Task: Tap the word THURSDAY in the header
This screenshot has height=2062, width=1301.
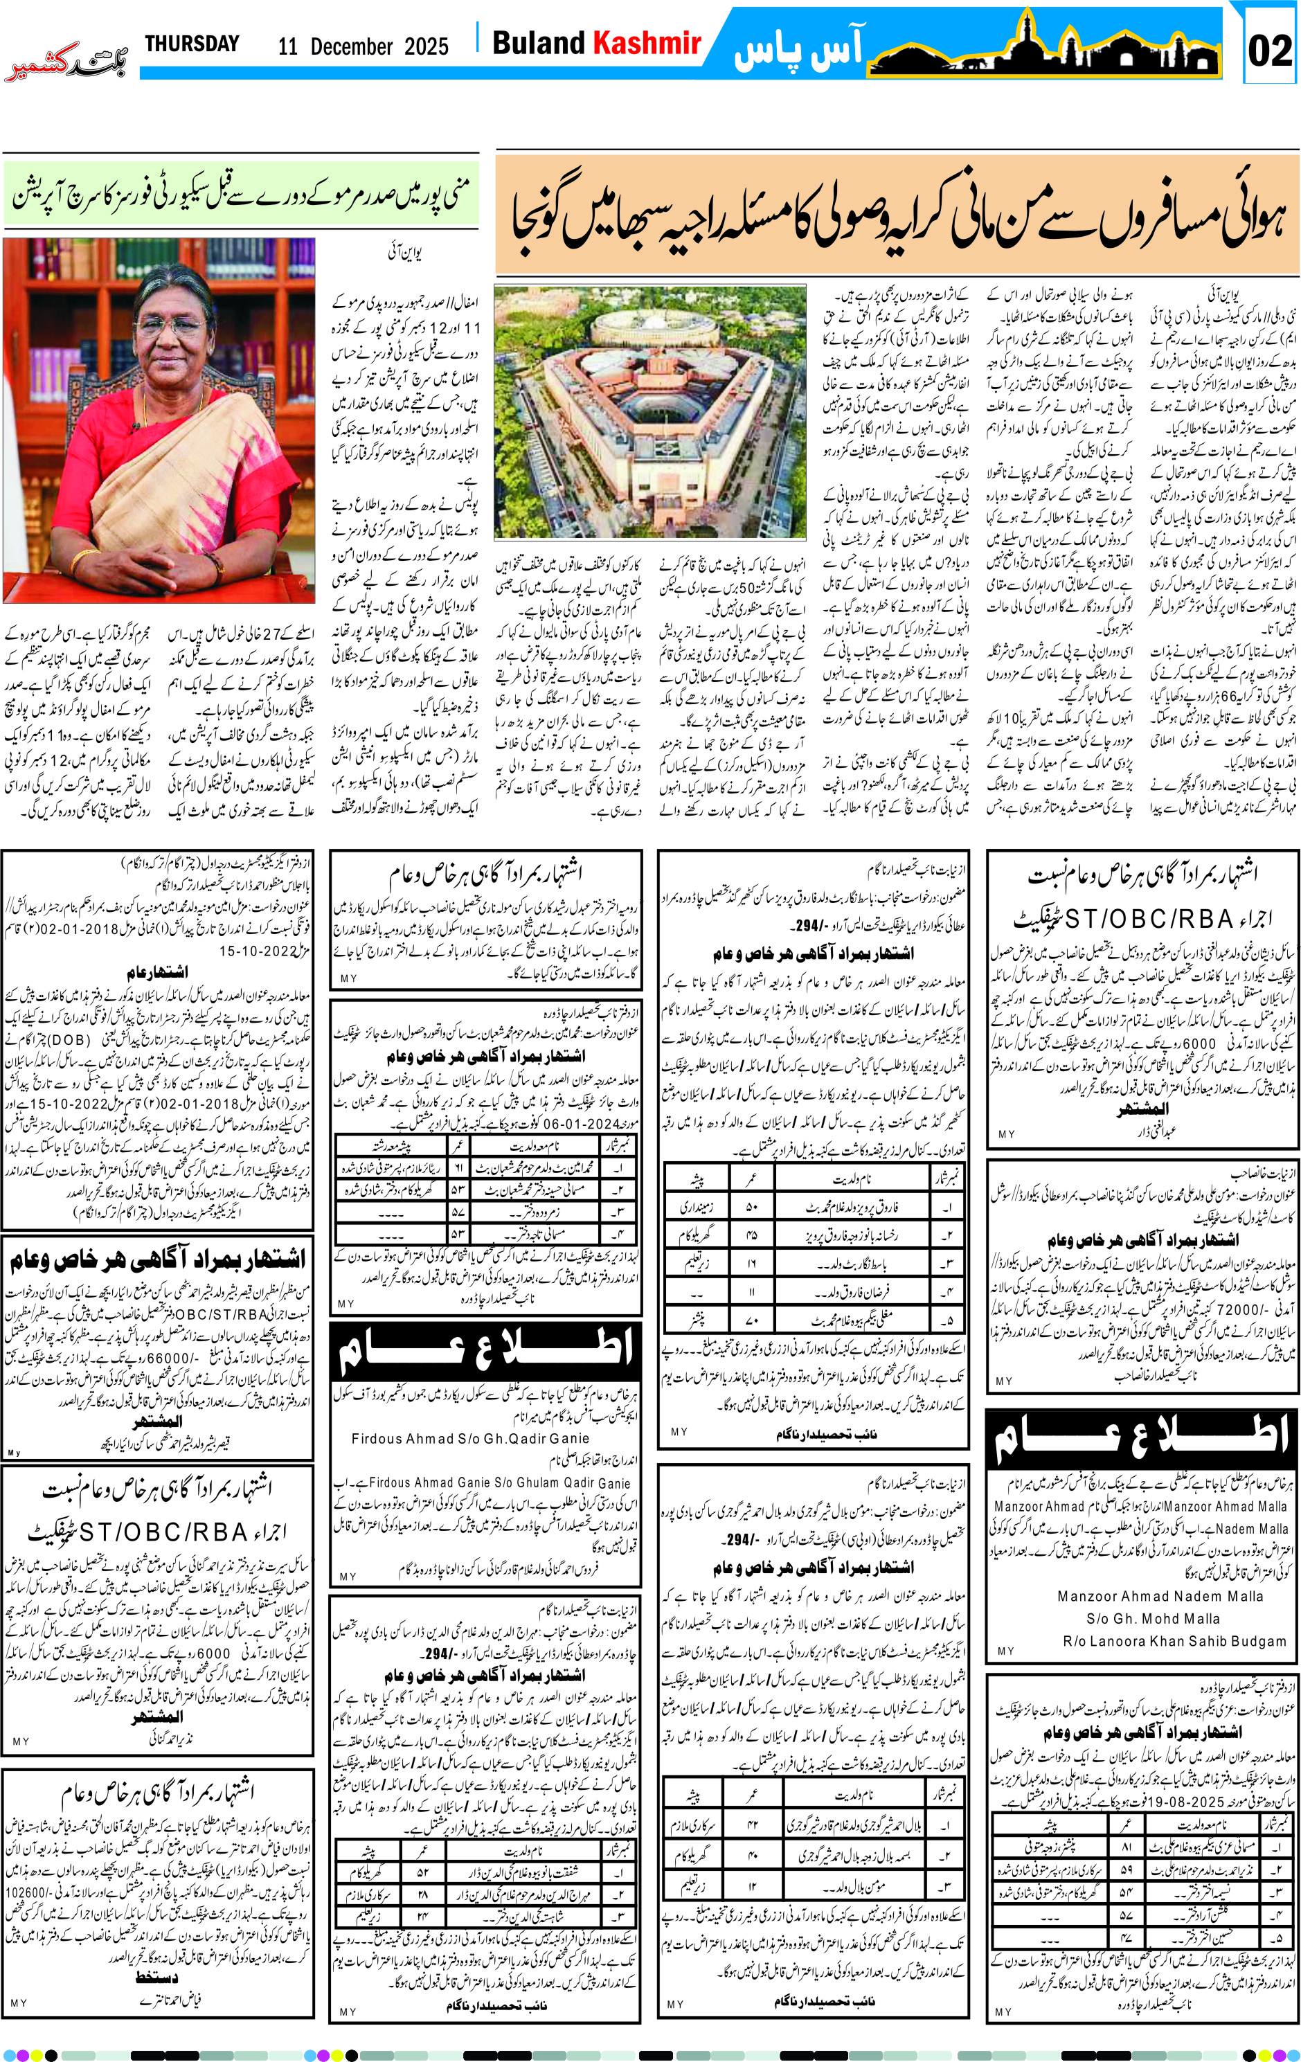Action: pyautogui.click(x=192, y=44)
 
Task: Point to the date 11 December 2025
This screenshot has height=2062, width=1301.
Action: pyautogui.click(x=362, y=47)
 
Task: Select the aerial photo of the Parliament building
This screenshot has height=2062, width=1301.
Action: pyautogui.click(x=650, y=412)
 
